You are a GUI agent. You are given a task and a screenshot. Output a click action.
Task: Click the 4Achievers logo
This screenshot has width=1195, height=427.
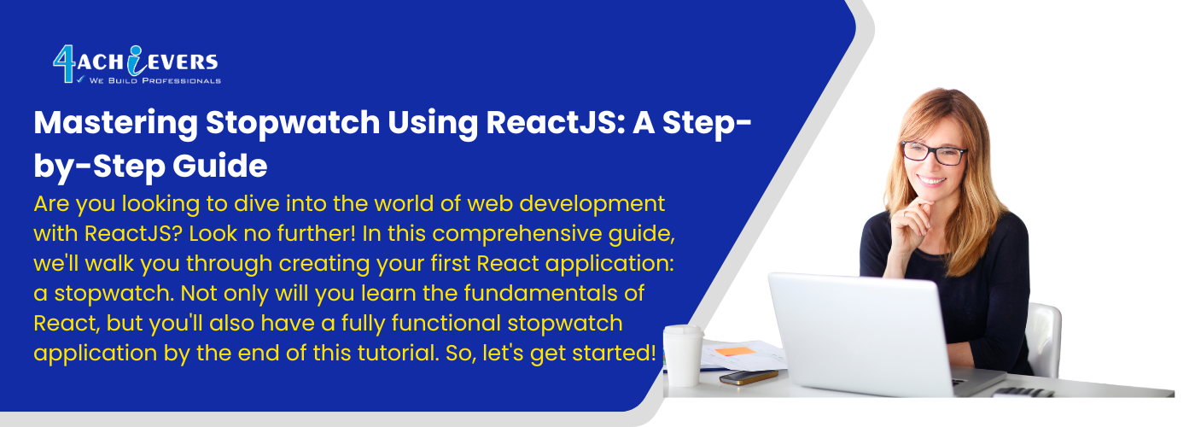click(x=137, y=65)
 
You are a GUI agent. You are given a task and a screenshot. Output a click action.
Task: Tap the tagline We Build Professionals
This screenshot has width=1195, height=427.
click(x=155, y=80)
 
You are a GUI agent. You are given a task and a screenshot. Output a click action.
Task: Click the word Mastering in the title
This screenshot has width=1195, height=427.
click(x=116, y=124)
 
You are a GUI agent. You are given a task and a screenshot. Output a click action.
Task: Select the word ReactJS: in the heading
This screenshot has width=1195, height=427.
click(x=556, y=123)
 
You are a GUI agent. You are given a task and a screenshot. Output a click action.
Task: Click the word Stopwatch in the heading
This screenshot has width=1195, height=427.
click(x=293, y=124)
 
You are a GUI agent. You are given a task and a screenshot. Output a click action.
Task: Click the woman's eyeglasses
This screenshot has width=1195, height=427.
click(x=934, y=153)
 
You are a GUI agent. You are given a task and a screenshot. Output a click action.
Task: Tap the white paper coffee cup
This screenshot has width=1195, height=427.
click(x=683, y=355)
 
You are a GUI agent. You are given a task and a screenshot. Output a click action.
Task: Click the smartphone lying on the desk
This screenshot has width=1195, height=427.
click(x=749, y=377)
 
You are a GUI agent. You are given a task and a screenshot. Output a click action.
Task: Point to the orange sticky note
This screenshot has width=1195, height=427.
click(x=735, y=351)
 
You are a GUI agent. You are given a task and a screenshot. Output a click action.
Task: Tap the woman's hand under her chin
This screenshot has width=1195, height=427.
click(x=911, y=224)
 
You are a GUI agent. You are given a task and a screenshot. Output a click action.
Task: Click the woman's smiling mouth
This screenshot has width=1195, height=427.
click(x=931, y=181)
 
